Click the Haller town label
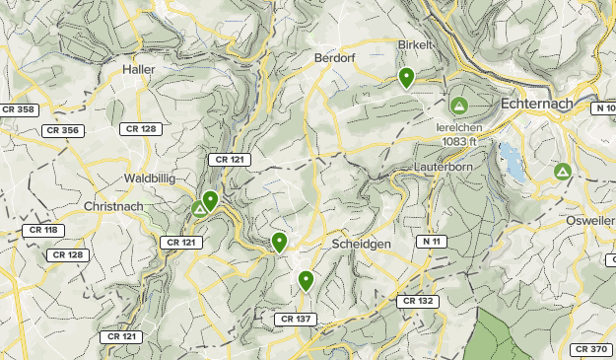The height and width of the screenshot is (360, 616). click(x=139, y=69)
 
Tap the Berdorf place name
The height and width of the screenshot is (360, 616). click(x=333, y=58)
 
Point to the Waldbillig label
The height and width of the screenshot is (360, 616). click(x=150, y=178)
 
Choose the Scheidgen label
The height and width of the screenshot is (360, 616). click(x=361, y=243)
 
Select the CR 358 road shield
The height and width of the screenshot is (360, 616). click(x=18, y=108)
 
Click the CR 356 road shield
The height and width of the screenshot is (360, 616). click(x=62, y=129)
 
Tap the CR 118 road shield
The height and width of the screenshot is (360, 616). click(x=42, y=230)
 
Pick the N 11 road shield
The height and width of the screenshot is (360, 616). click(x=431, y=241)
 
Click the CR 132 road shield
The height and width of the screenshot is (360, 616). click(x=418, y=301)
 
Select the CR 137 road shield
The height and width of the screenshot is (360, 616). click(x=296, y=319)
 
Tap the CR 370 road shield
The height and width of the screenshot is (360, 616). click(x=591, y=349)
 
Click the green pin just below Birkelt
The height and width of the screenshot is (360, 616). click(x=406, y=78)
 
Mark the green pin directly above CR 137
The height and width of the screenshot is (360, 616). click(x=306, y=281)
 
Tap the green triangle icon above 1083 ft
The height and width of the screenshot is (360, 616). click(x=458, y=105)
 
